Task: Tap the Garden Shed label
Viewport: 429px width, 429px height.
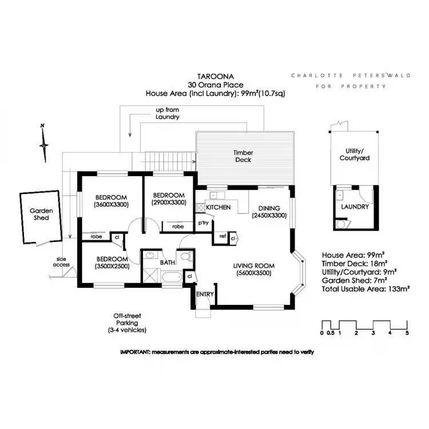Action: [42, 214]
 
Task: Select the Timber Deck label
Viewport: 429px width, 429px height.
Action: [244, 156]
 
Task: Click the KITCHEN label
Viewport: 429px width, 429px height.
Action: [218, 207]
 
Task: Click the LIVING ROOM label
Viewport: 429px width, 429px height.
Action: [253, 265]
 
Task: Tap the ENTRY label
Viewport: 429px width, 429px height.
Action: [205, 294]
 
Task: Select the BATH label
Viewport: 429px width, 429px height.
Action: [167, 263]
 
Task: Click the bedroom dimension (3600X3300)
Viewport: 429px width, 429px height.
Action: [111, 204]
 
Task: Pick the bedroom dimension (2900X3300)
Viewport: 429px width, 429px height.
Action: [169, 202]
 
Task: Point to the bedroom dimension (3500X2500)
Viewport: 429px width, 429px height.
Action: [112, 266]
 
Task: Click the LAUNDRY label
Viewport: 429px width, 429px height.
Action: [355, 206]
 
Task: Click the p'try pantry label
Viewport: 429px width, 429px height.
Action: [203, 223]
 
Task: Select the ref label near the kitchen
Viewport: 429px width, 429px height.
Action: [222, 236]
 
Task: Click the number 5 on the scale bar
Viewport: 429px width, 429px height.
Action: [407, 332]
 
